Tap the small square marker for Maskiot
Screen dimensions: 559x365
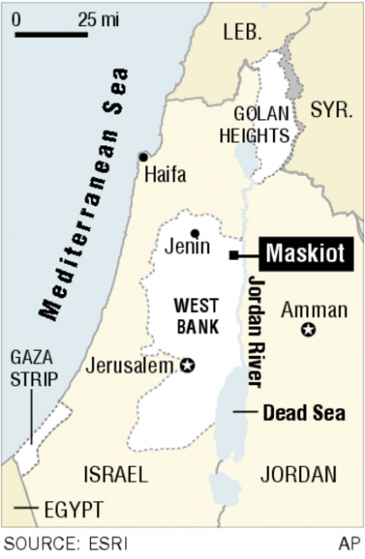233,256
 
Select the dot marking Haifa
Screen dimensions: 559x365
142,156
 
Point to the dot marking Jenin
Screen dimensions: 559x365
194,234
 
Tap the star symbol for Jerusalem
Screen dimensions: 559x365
188,366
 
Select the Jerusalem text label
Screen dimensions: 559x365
132,366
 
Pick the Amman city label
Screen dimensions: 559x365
313,310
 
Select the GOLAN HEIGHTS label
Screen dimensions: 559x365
260,125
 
